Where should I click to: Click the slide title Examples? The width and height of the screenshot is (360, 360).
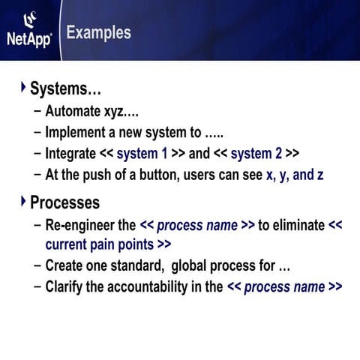(x=98, y=33)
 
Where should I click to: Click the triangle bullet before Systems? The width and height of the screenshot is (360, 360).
(x=22, y=88)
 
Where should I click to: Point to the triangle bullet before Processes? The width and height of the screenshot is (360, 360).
(x=22, y=201)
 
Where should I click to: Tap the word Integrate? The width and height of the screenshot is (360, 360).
(x=70, y=154)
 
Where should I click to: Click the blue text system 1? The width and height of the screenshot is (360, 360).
(x=142, y=154)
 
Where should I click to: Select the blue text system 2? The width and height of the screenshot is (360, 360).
(x=256, y=154)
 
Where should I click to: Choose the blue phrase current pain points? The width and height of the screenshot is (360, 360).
(x=100, y=244)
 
